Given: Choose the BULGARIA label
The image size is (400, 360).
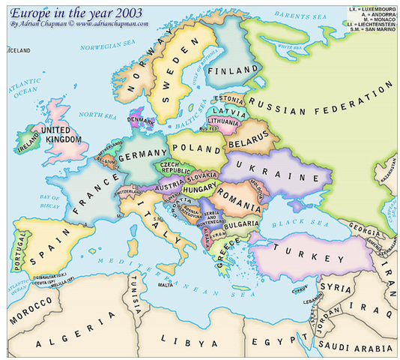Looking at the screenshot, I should [240, 224].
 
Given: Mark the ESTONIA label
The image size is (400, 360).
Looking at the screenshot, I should [228, 98].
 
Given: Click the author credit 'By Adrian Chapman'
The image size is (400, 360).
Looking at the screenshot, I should [36, 24].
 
